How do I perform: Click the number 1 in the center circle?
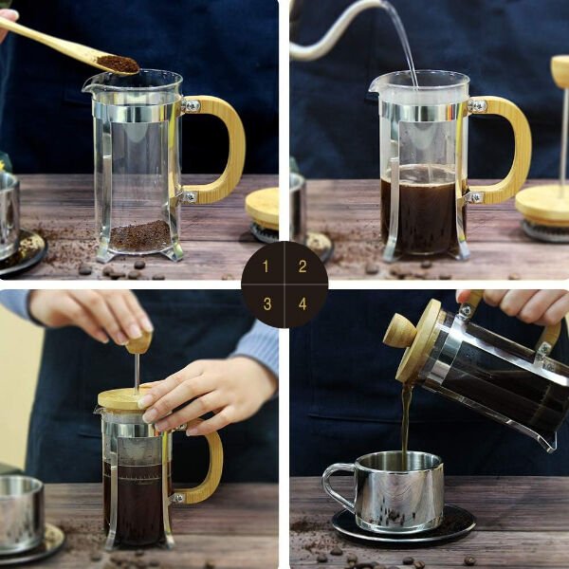pyautogui.click(x=266, y=266)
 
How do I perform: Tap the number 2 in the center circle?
pyautogui.click(x=303, y=266)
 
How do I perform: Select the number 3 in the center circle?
pyautogui.click(x=266, y=303)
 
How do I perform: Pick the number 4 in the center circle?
pyautogui.click(x=303, y=303)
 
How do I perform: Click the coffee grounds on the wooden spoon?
pyautogui.click(x=118, y=64)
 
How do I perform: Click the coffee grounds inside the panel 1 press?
pyautogui.click(x=139, y=235)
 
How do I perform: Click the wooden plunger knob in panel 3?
pyautogui.click(x=138, y=341)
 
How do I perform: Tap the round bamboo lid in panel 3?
pyautogui.click(x=123, y=399)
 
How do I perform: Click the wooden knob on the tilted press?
pyautogui.click(x=399, y=331)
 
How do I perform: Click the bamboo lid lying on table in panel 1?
pyautogui.click(x=264, y=208)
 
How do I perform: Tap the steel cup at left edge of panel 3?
pyautogui.click(x=19, y=512)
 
